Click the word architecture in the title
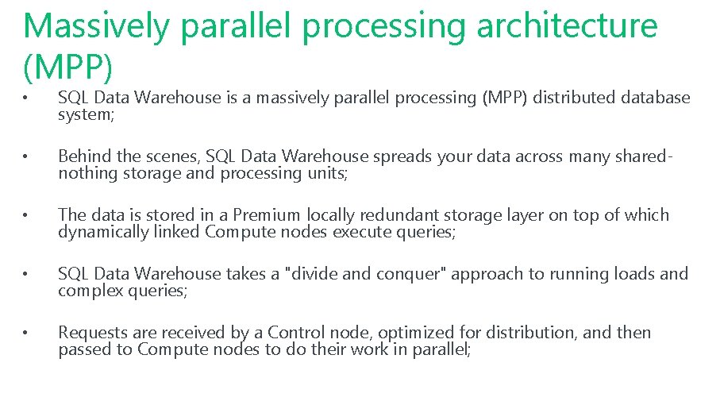567,25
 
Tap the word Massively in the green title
96,25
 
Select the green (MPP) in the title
69,68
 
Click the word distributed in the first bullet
576,98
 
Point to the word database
655,98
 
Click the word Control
295,333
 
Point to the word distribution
526,333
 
